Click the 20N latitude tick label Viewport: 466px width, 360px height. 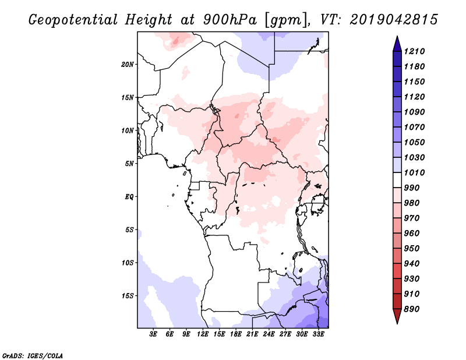128,64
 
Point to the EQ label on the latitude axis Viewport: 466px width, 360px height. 129,197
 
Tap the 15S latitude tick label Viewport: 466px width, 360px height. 128,296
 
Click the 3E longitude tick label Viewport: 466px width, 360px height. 154,334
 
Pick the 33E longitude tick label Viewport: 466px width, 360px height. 319,334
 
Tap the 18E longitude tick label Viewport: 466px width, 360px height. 236,334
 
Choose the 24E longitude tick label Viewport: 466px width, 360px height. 269,334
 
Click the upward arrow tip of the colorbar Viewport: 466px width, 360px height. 396,38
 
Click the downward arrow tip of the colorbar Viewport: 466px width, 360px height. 396,322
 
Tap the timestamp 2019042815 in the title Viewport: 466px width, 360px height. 394,19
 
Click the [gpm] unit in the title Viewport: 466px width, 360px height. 285,19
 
